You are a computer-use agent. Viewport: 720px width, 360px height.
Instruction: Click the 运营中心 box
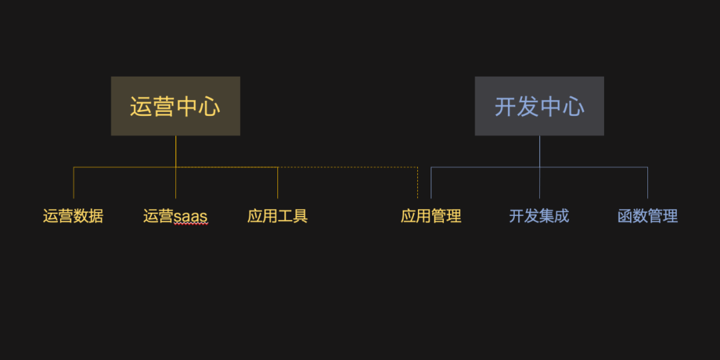click(x=175, y=106)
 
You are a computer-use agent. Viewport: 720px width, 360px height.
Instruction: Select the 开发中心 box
click(x=539, y=106)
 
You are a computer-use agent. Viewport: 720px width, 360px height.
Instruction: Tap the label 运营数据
click(x=73, y=216)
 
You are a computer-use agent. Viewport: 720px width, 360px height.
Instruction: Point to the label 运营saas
click(x=175, y=216)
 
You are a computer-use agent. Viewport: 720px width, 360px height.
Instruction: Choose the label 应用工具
click(x=277, y=216)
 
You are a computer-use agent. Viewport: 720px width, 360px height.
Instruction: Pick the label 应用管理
click(x=431, y=216)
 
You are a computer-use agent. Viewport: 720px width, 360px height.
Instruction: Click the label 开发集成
click(x=539, y=216)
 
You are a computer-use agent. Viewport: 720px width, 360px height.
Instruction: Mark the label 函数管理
click(x=647, y=216)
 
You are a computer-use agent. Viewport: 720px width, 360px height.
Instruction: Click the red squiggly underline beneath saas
click(x=191, y=224)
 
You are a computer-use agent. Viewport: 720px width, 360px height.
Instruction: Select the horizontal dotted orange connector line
click(x=347, y=167)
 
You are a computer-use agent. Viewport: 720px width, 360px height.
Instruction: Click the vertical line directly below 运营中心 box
click(x=176, y=151)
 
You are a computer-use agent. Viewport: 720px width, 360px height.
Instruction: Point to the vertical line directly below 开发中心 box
click(x=539, y=151)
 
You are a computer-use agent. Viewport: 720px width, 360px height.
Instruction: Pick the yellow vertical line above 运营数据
click(x=73, y=183)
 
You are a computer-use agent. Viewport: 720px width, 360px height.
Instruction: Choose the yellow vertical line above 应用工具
click(x=277, y=183)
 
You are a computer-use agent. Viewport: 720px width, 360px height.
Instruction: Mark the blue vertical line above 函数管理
click(x=647, y=183)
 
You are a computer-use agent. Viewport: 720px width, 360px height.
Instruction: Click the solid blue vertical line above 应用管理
click(x=431, y=183)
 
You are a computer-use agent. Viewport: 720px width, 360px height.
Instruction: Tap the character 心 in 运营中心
click(x=209, y=107)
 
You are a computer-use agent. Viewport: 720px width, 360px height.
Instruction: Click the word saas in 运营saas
click(x=191, y=217)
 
